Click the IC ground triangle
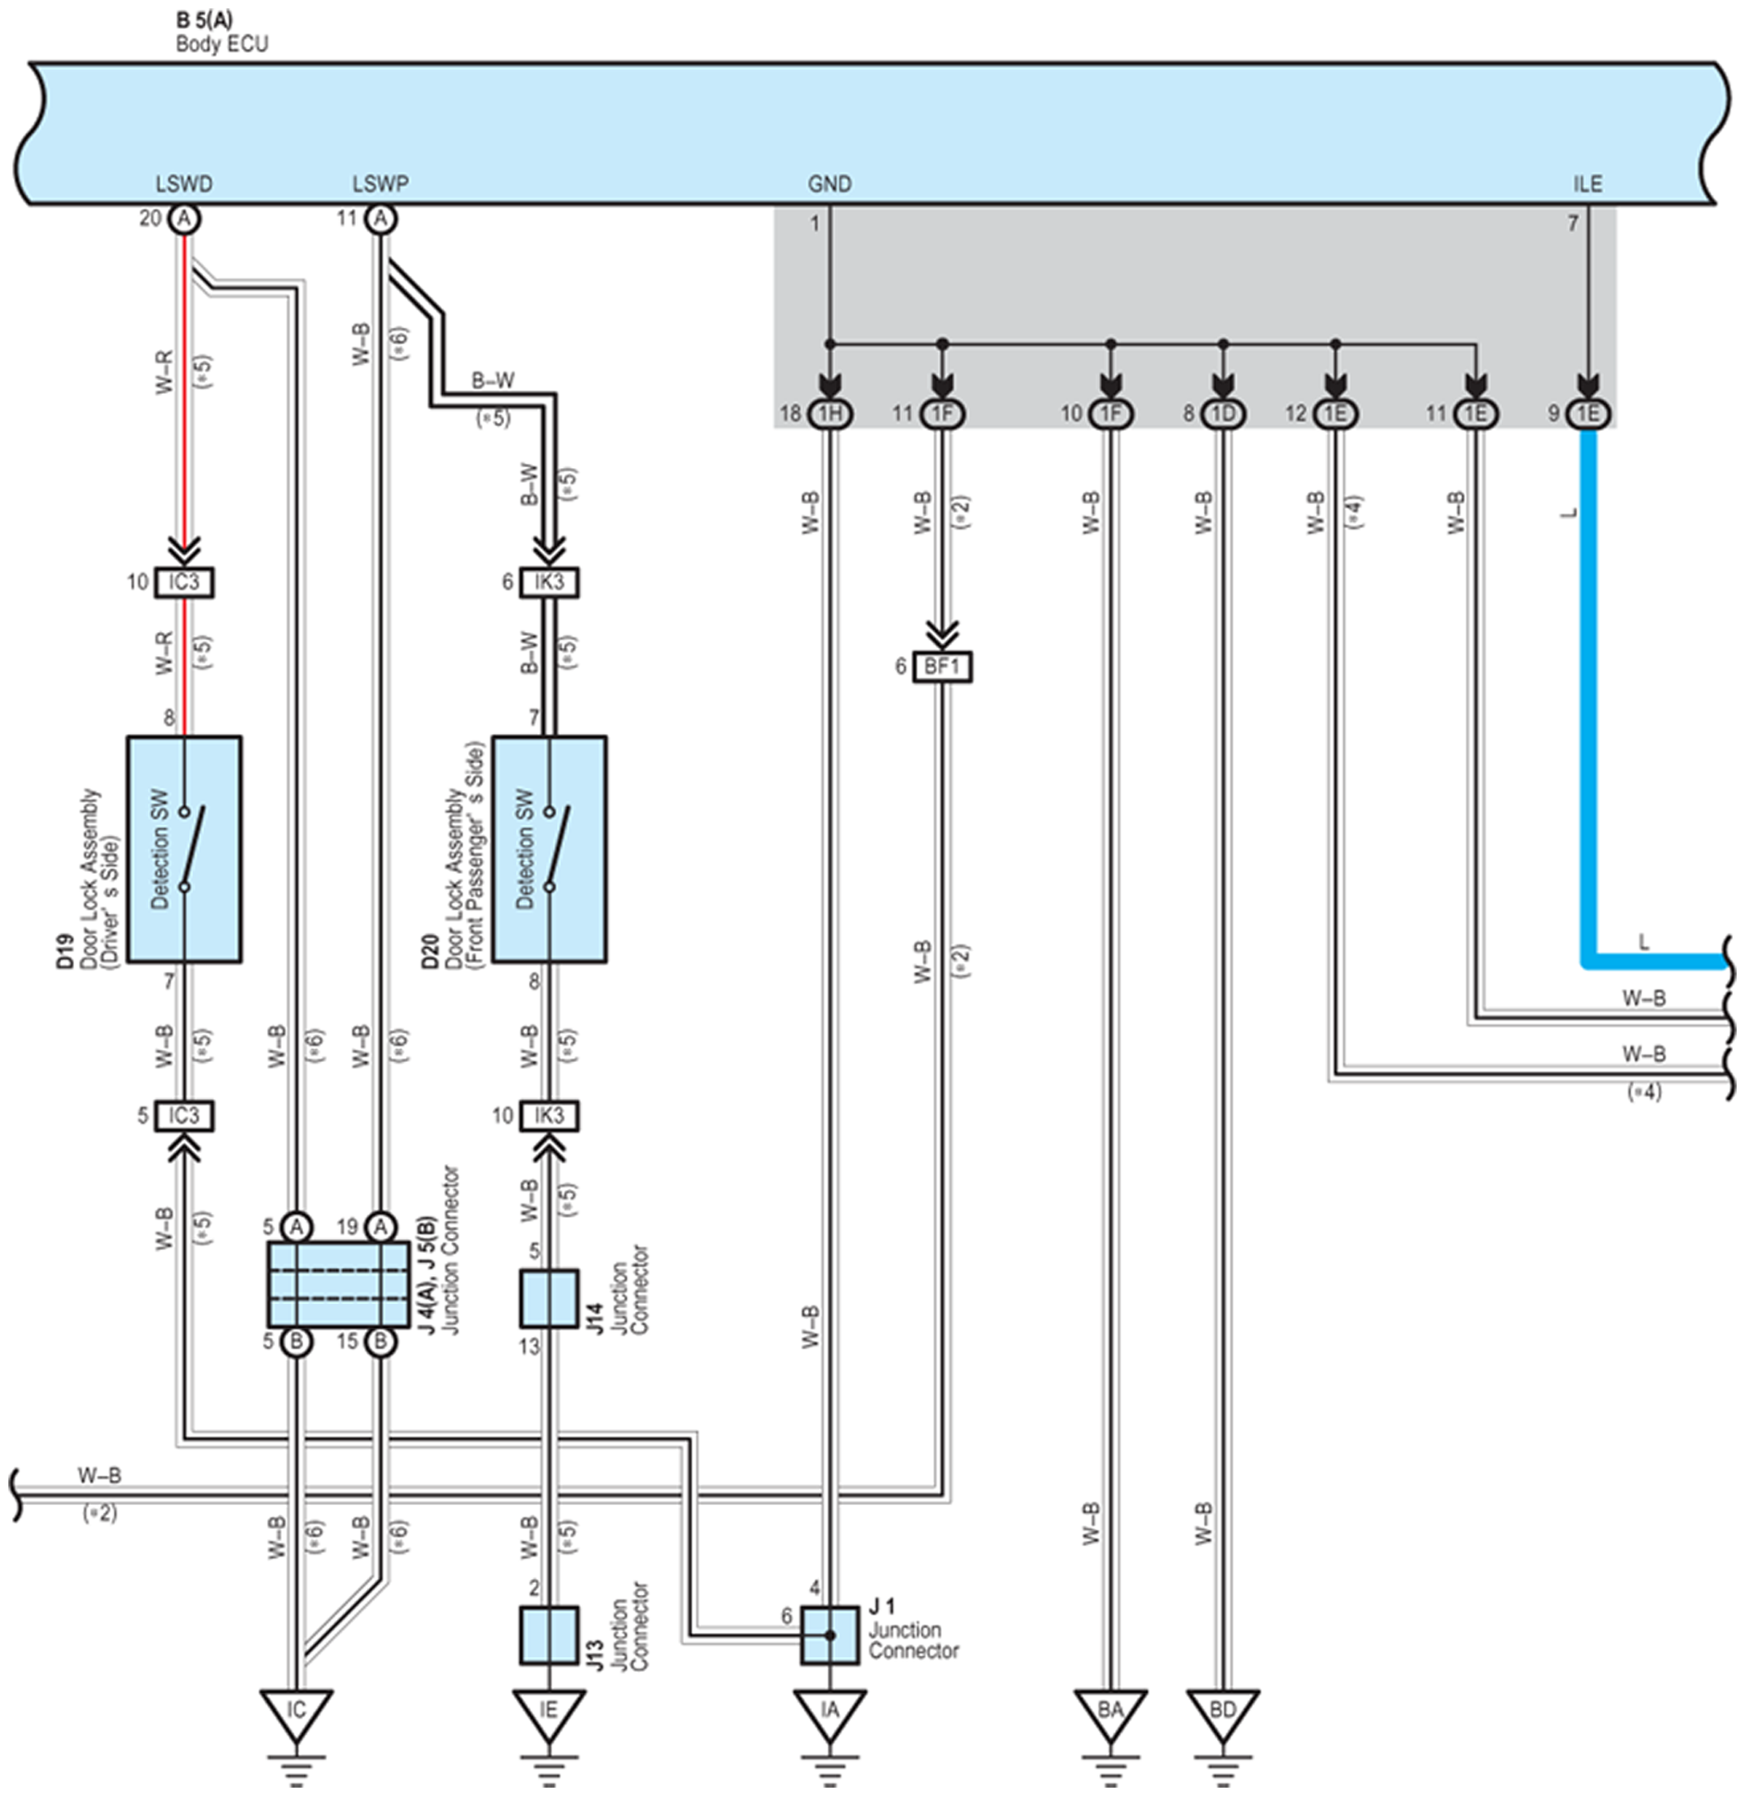pyautogui.click(x=296, y=1714)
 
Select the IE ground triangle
pyautogui.click(x=549, y=1714)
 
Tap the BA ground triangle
pyautogui.click(x=1110, y=1714)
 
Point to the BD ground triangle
pyautogui.click(x=1222, y=1714)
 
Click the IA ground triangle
pyautogui.click(x=829, y=1714)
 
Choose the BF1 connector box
pyautogui.click(x=942, y=666)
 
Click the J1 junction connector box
pyautogui.click(x=829, y=1635)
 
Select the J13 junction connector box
pyautogui.click(x=549, y=1635)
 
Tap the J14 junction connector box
pyautogui.click(x=549, y=1298)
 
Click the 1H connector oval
pyautogui.click(x=830, y=413)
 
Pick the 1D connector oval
pyautogui.click(x=1223, y=413)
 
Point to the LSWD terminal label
pyautogui.click(x=183, y=183)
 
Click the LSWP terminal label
pyautogui.click(x=380, y=183)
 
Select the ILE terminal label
pyautogui.click(x=1587, y=183)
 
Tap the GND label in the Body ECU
pyautogui.click(x=829, y=183)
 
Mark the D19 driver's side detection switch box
pyautogui.click(x=183, y=849)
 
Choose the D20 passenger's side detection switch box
pyautogui.click(x=549, y=849)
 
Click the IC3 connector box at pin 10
pyautogui.click(x=183, y=582)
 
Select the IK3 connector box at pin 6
pyautogui.click(x=549, y=582)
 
